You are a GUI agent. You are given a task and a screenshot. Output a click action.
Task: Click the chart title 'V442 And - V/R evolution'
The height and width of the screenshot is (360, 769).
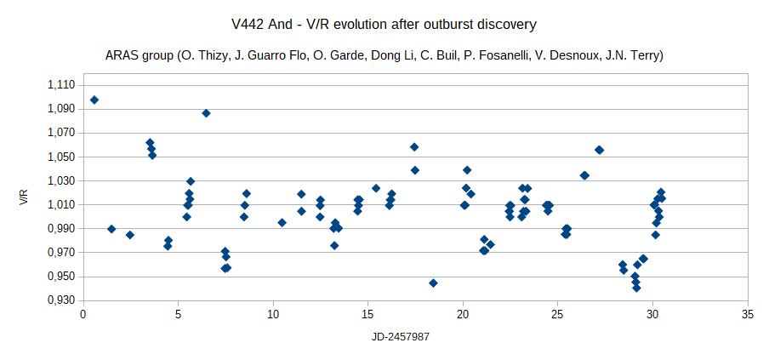coord(384,24)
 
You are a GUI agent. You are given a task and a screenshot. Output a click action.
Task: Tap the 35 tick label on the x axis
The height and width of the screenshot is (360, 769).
coord(747,313)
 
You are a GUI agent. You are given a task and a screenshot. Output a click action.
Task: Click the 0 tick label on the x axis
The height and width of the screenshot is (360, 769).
coord(83,313)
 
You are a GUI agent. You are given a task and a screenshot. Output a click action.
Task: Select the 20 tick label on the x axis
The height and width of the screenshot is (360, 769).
coord(462,313)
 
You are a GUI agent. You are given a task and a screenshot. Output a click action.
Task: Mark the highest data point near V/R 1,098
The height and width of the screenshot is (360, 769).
coord(94,100)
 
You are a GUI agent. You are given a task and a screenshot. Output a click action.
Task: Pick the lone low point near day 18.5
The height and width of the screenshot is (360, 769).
coord(433,283)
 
